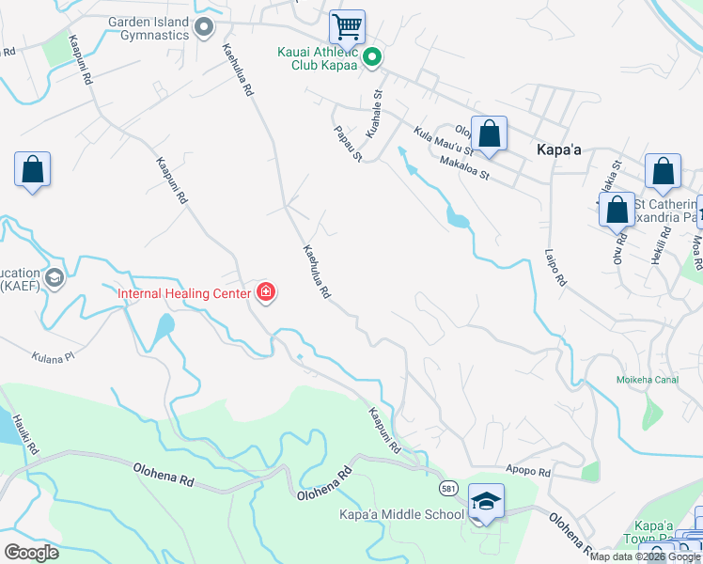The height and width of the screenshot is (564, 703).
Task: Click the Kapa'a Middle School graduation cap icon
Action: click(486, 500)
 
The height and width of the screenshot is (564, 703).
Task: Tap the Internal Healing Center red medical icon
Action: click(266, 292)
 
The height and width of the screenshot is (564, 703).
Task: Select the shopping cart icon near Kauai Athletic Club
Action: click(347, 27)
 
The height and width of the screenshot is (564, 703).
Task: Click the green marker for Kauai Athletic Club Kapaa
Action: click(372, 58)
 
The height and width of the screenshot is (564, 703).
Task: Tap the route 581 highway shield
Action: click(449, 489)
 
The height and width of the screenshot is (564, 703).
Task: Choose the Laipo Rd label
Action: click(556, 268)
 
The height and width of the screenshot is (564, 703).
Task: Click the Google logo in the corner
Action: click(31, 552)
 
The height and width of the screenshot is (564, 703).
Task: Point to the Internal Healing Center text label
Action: click(183, 293)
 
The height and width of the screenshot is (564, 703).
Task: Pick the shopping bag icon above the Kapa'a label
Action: click(489, 133)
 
